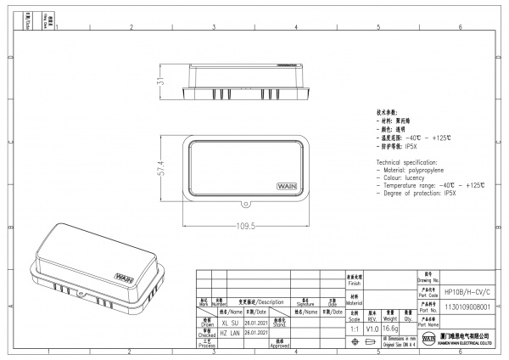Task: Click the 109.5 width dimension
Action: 246,227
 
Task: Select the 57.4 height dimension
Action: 159,169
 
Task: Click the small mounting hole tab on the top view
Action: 246,204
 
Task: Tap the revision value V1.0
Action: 372,328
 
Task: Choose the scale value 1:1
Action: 354,328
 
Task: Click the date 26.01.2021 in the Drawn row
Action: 255,323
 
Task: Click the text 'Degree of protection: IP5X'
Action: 419,194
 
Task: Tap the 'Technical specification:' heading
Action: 406,161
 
